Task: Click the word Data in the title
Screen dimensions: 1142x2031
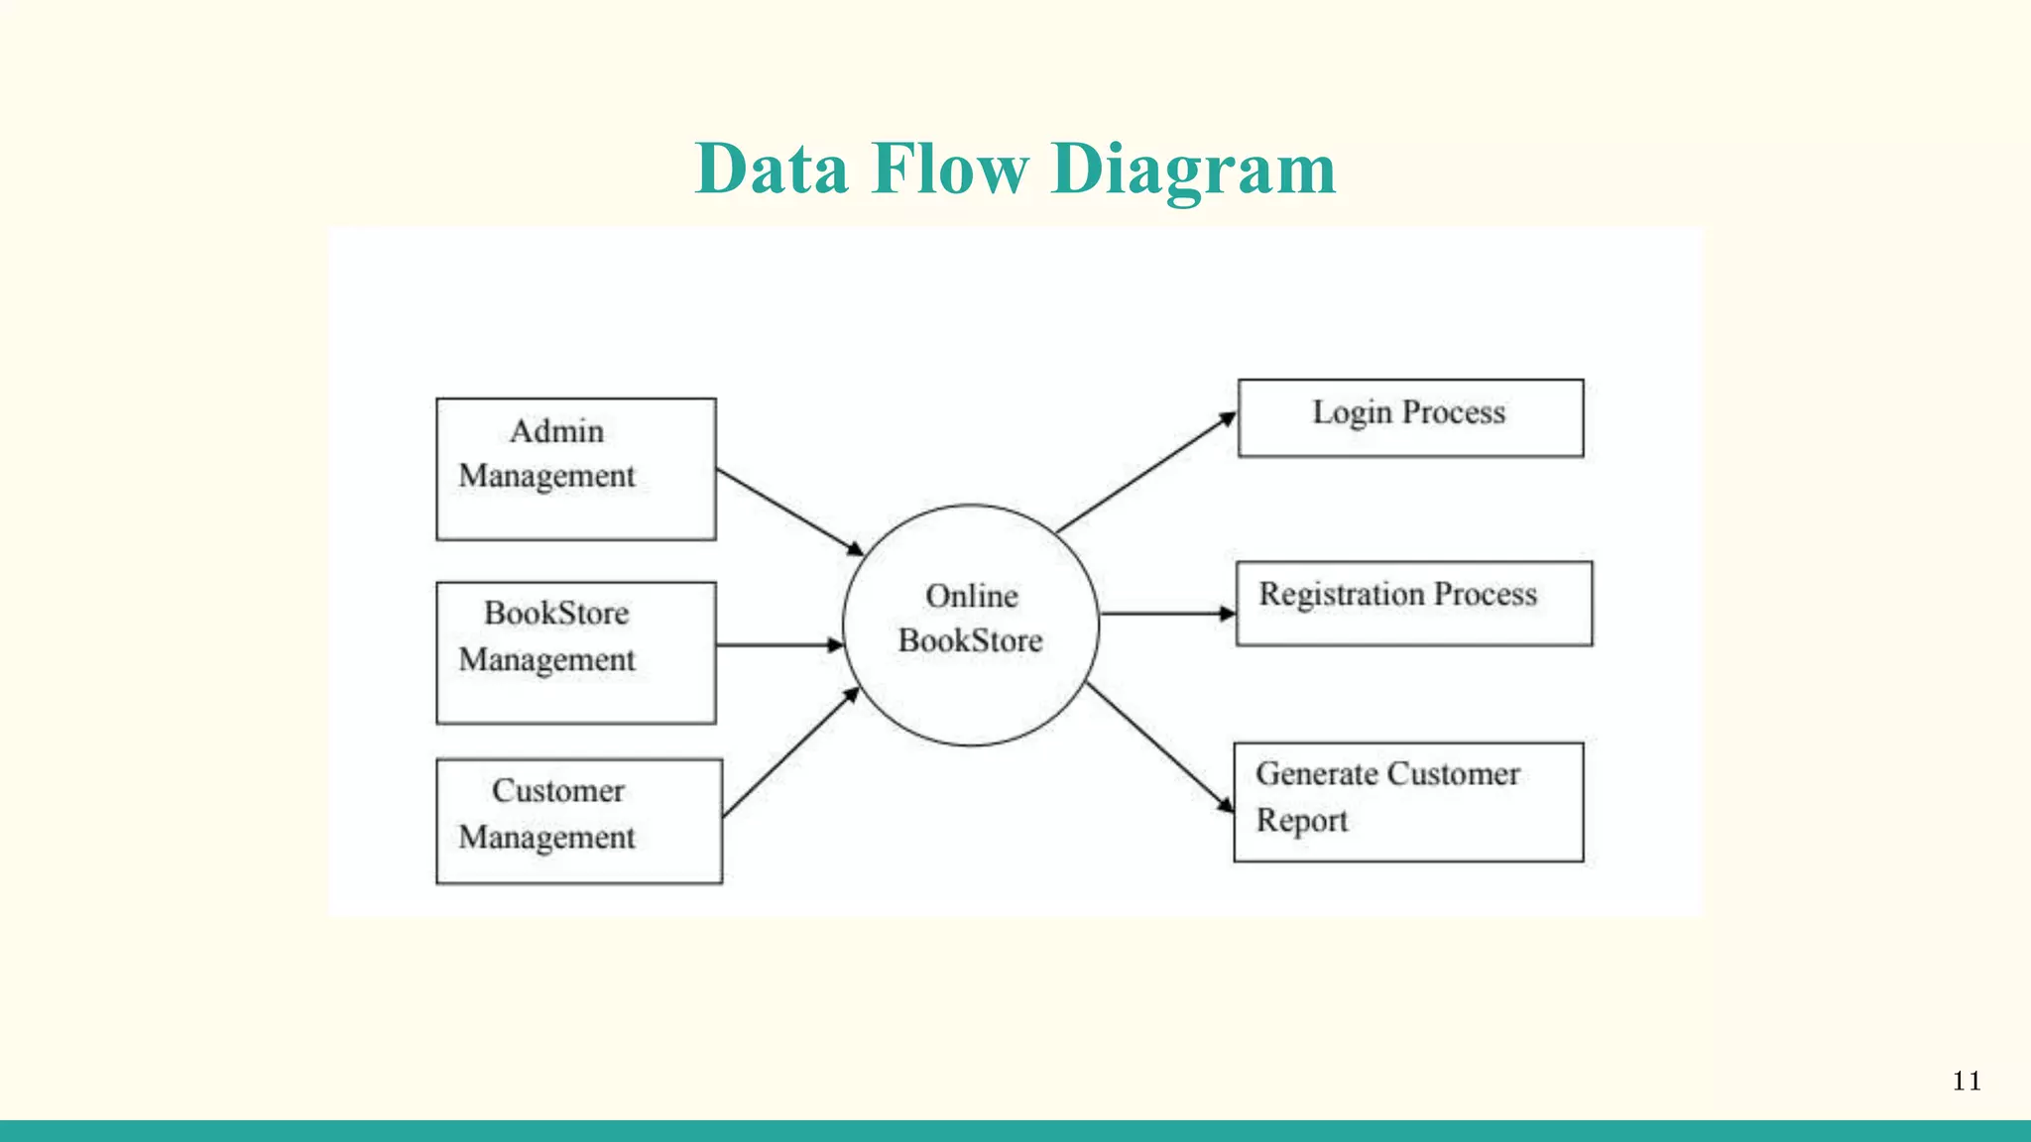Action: coord(772,169)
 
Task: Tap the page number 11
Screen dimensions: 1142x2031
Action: coord(1967,1081)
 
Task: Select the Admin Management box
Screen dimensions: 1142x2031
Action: coord(575,469)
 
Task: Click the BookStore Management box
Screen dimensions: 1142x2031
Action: coord(575,652)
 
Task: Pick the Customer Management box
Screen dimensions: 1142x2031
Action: coord(578,821)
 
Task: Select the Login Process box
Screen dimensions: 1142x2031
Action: coord(1410,417)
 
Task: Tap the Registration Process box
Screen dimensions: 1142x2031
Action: coord(1413,604)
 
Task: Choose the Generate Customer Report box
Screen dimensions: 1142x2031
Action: coord(1408,802)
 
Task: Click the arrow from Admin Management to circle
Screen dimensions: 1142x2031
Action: coord(789,512)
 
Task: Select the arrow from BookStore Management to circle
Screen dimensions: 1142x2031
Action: coord(778,645)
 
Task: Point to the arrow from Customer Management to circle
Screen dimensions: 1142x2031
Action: coord(790,753)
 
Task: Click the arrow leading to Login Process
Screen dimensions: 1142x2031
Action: coord(1146,474)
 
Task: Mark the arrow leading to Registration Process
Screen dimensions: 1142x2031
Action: coord(1167,614)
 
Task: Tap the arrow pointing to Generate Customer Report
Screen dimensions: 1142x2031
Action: coord(1159,747)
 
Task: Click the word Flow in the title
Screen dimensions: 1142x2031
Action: coord(949,169)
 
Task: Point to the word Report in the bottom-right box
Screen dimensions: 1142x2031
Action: coord(1301,822)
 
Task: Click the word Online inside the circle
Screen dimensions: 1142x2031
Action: coord(971,597)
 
